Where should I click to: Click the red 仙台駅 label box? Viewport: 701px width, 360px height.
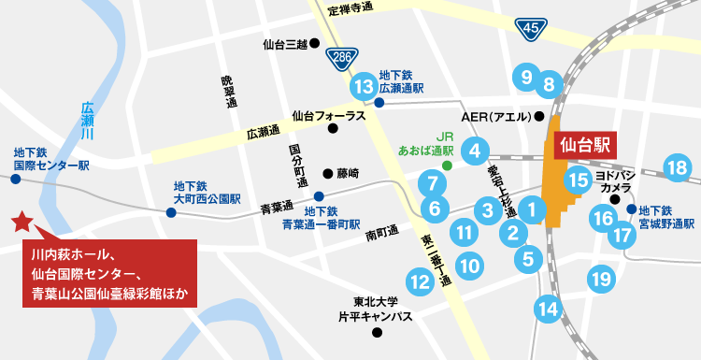tap(585, 145)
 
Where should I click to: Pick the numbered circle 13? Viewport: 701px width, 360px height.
tap(364, 87)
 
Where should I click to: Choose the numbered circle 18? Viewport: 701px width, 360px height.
tap(677, 168)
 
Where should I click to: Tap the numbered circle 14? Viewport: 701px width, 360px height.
tap(548, 308)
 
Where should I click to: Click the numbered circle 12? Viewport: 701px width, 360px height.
tap(421, 279)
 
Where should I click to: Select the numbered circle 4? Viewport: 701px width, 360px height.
tap(475, 150)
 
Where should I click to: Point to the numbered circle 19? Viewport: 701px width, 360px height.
tap(600, 278)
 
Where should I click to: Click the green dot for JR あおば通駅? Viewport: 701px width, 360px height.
tap(447, 166)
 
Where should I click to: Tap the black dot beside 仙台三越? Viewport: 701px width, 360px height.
tap(316, 44)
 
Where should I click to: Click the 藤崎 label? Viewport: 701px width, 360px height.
tap(347, 173)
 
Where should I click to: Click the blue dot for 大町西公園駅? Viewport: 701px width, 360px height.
tap(170, 213)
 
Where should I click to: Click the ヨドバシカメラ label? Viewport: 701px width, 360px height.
tap(615, 180)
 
